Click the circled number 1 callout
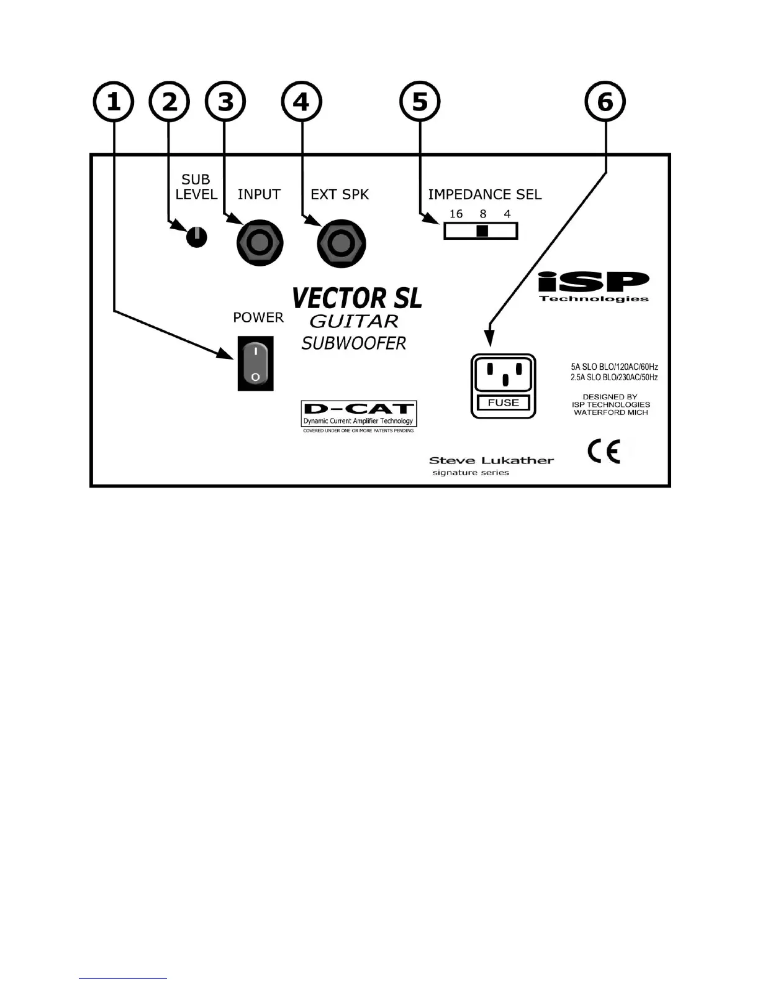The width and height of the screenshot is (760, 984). [113, 102]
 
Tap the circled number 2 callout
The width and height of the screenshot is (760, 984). [170, 102]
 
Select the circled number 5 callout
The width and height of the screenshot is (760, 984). [420, 102]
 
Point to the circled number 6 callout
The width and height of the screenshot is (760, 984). [605, 102]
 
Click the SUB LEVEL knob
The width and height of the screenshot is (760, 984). [196, 237]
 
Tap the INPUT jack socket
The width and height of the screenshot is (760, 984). [260, 242]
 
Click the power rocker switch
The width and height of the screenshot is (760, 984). [255, 364]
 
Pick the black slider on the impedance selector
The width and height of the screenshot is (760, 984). [482, 231]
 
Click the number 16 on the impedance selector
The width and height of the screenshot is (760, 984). [456, 214]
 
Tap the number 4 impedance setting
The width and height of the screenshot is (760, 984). [507, 214]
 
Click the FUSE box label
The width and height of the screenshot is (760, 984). [503, 403]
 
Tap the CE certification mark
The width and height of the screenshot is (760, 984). [604, 452]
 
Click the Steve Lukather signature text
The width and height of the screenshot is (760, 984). [491, 461]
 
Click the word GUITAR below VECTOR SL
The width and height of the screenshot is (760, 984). [354, 322]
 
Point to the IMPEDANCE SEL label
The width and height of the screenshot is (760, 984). [484, 194]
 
